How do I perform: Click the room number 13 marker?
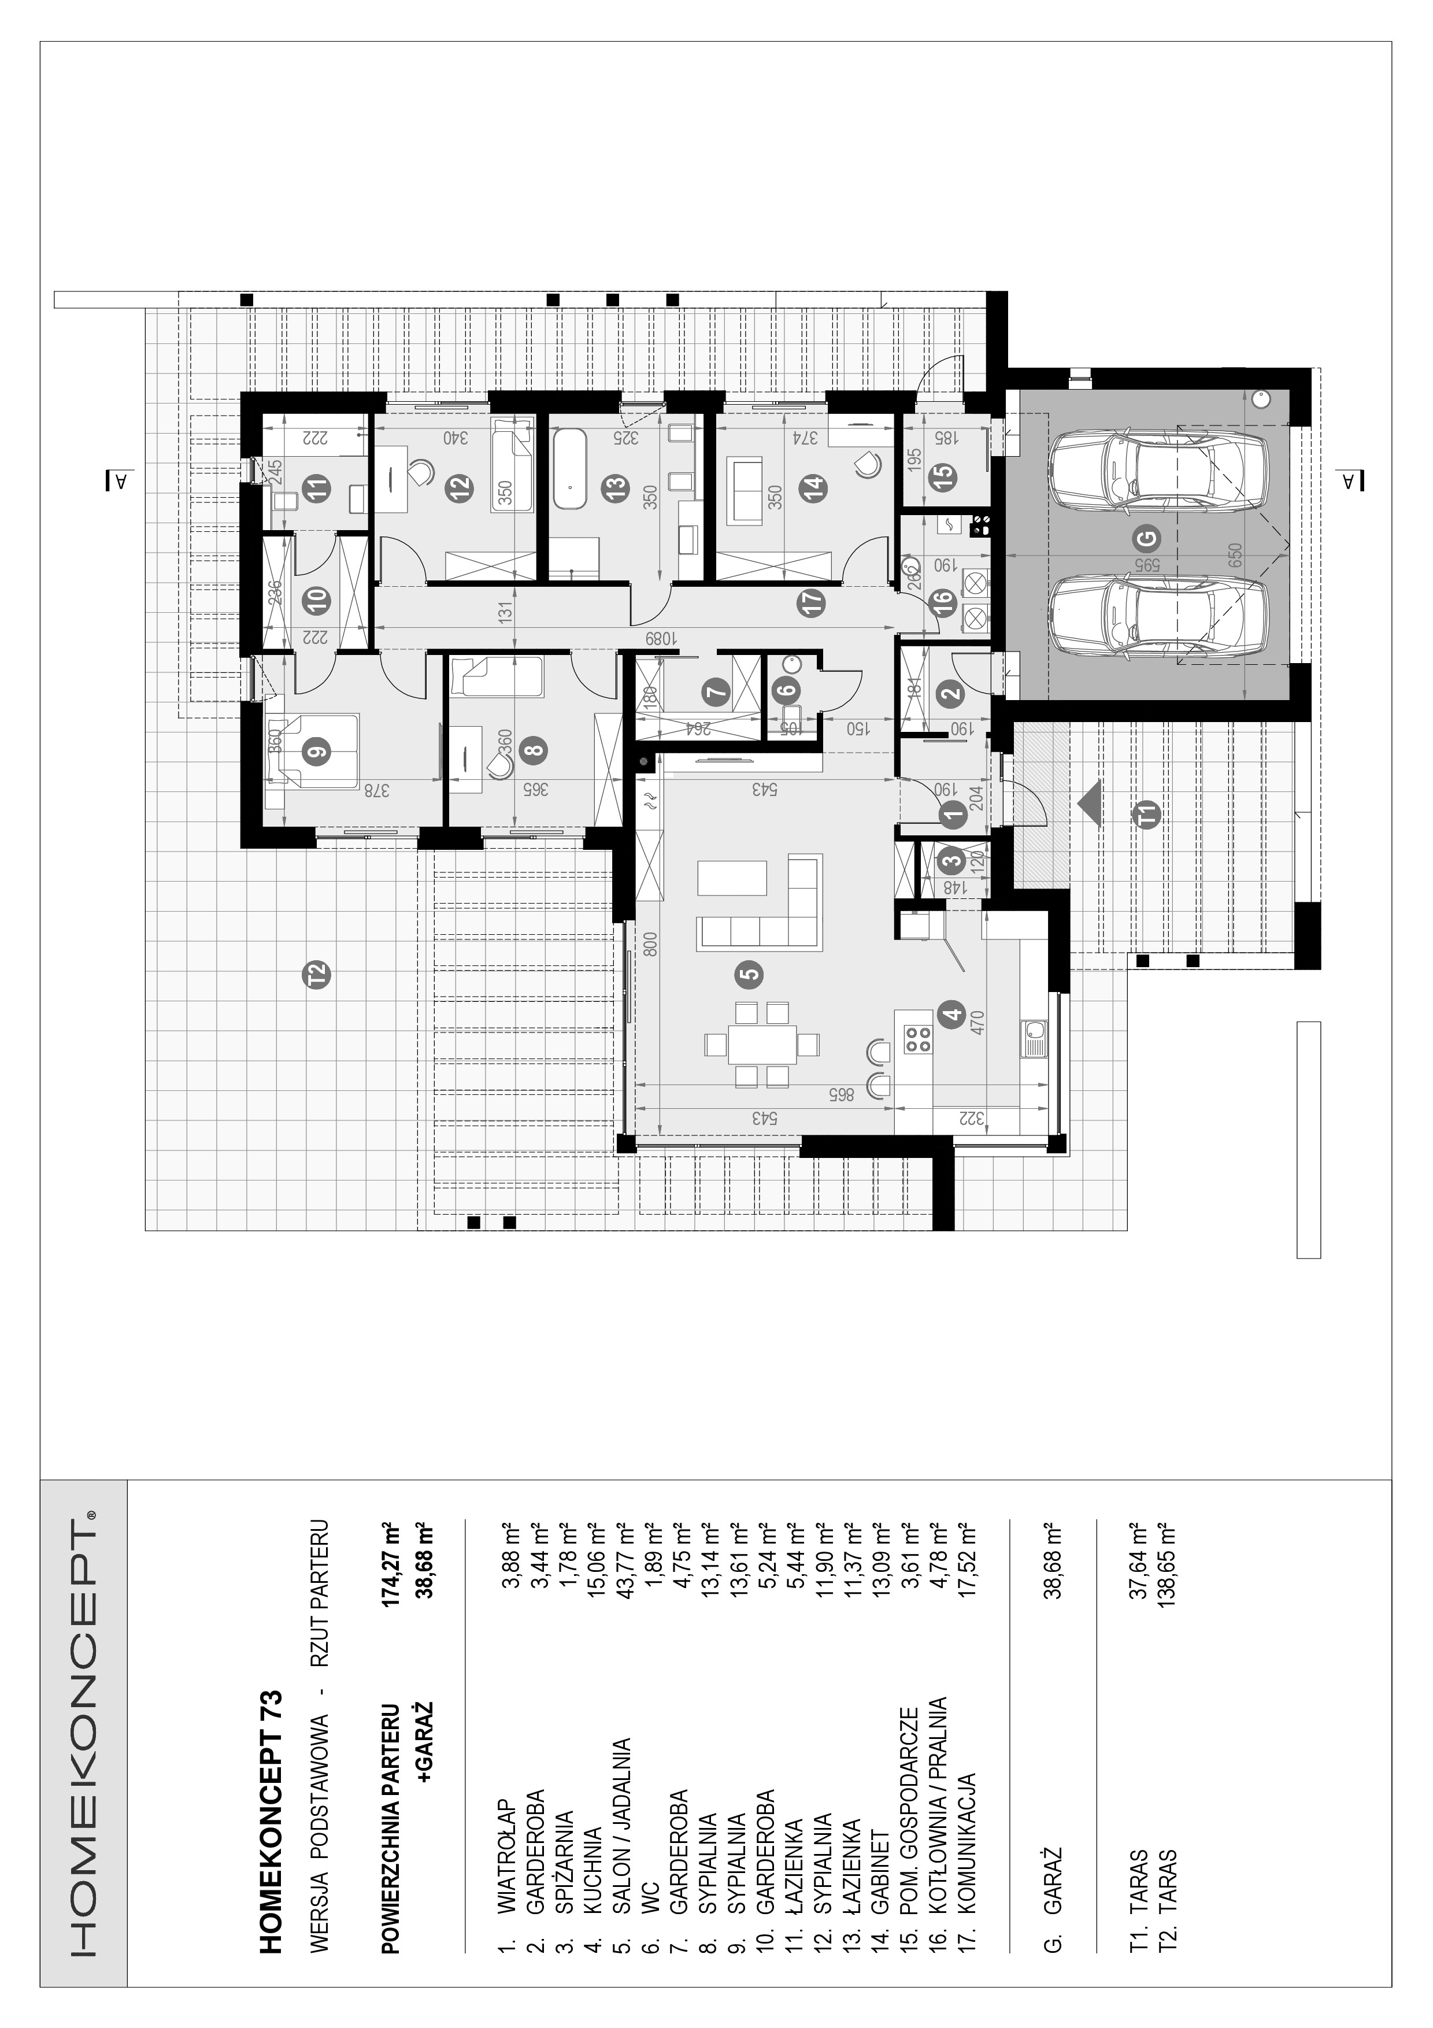(x=616, y=485)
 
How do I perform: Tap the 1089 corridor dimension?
(x=658, y=639)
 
